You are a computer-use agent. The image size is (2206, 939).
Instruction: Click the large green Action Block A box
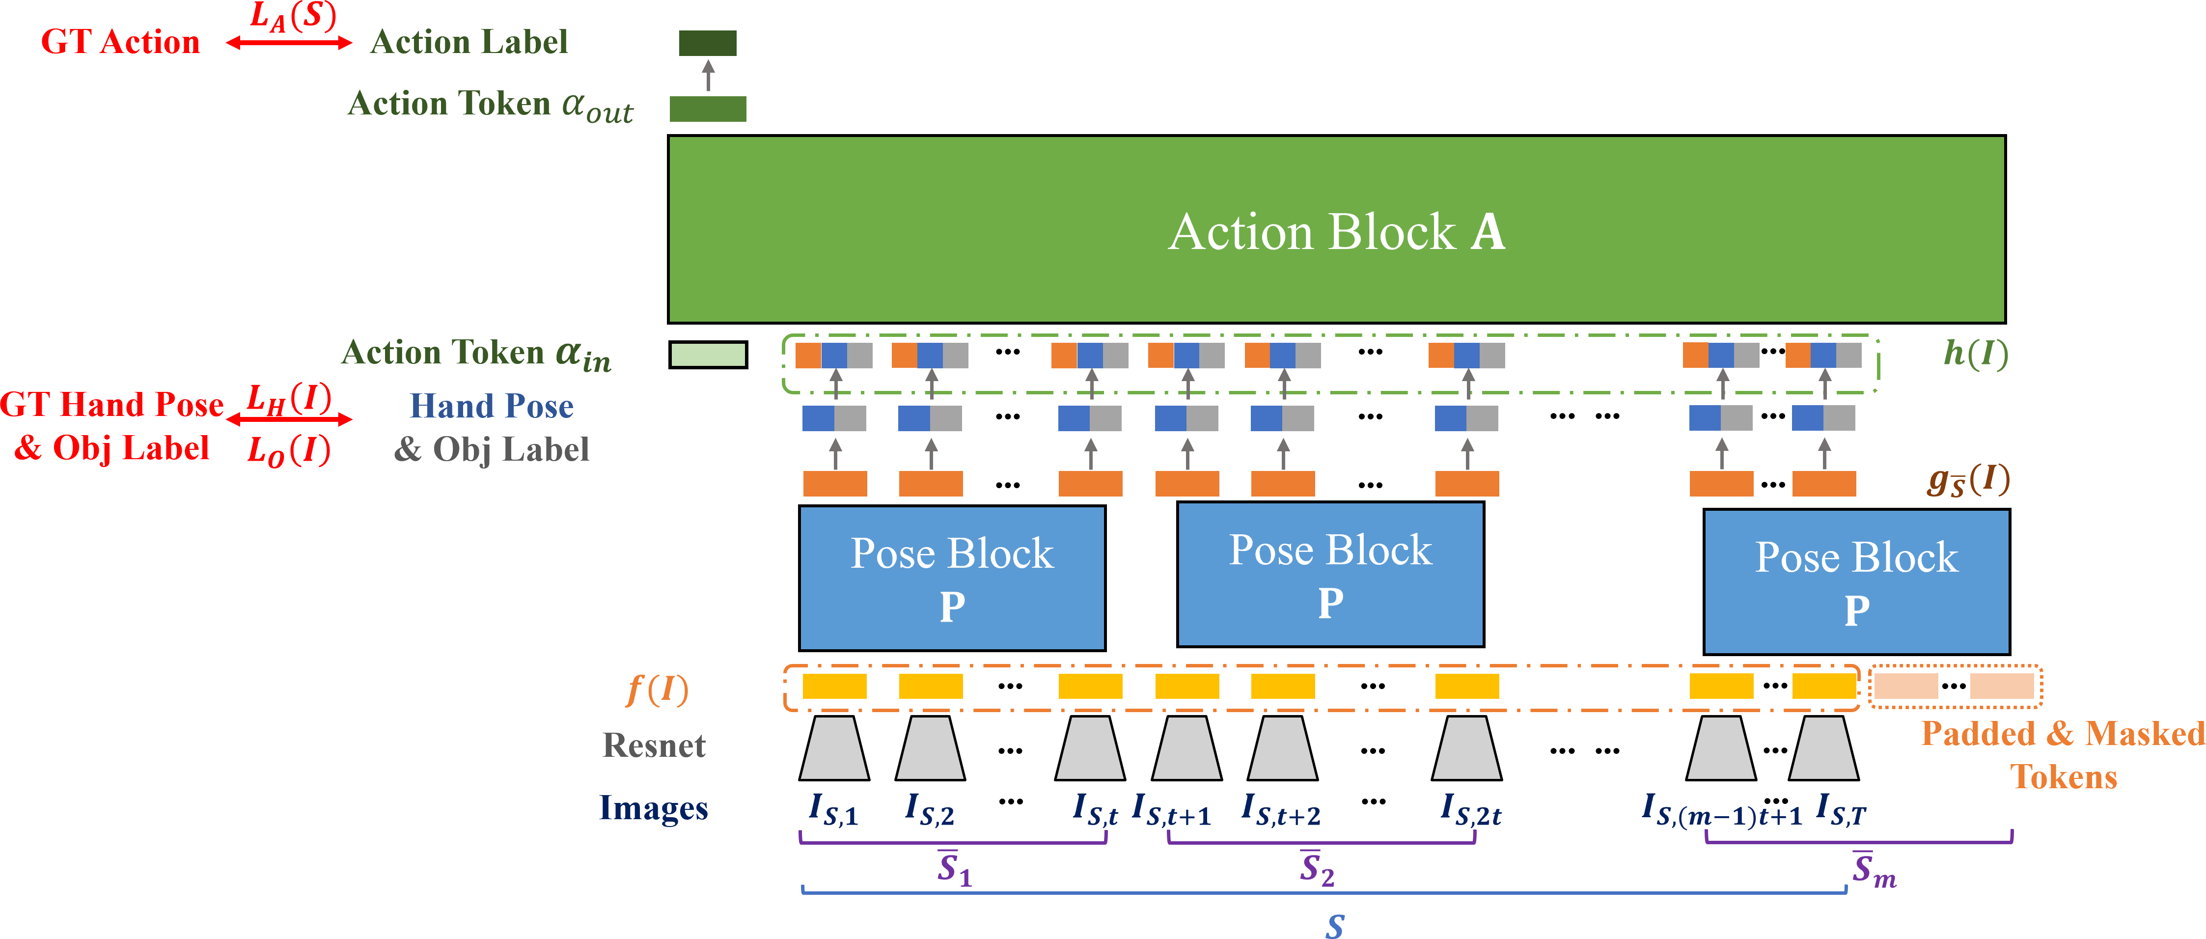pos(1336,230)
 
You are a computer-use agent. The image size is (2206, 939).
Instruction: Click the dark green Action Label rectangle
pos(707,43)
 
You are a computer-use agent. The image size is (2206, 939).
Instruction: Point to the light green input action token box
pos(707,354)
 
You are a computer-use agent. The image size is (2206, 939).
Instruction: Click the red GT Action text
pos(120,42)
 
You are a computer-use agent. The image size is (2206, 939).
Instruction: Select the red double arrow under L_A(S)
pos(289,43)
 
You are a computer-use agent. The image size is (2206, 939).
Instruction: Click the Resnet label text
pos(654,746)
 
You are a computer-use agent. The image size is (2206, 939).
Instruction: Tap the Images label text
pos(654,808)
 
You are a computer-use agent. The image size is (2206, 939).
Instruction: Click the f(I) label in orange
pos(657,689)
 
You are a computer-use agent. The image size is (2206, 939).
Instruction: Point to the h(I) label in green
pos(1975,353)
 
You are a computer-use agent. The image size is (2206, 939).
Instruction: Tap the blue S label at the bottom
pos(1334,925)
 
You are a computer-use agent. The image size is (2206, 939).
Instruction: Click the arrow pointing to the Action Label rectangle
pos(708,76)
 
